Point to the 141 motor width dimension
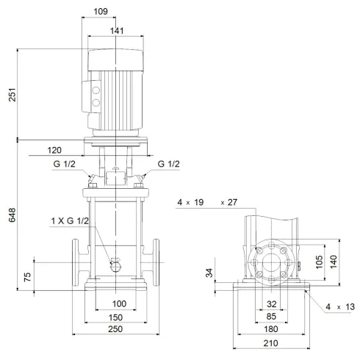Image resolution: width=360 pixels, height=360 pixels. [116, 31]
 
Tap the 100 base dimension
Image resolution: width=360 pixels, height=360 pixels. [119, 303]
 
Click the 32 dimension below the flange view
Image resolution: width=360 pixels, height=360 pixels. [273, 303]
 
